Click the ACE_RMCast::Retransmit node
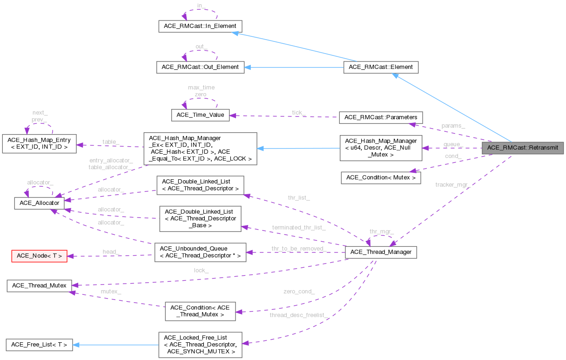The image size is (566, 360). pos(523,148)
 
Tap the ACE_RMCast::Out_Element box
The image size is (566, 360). pos(200,67)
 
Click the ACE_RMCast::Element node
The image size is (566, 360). pos(381,67)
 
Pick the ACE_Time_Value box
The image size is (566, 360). pos(201,115)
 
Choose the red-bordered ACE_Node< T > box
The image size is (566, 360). pos(39,255)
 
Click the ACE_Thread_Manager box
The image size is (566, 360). pos(381,252)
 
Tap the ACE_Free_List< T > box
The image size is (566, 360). pos(39,345)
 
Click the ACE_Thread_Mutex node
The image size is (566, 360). pos(39,285)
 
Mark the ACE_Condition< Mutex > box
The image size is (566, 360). pos(381,177)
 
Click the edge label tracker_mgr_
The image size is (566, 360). pos(452,185)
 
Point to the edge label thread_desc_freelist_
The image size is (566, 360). pos(299,315)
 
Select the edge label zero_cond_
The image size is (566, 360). pos(299,292)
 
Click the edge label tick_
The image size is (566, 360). pos(298,112)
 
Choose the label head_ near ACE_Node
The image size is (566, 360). pos(111,251)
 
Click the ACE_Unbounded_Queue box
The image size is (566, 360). pos(200,252)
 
